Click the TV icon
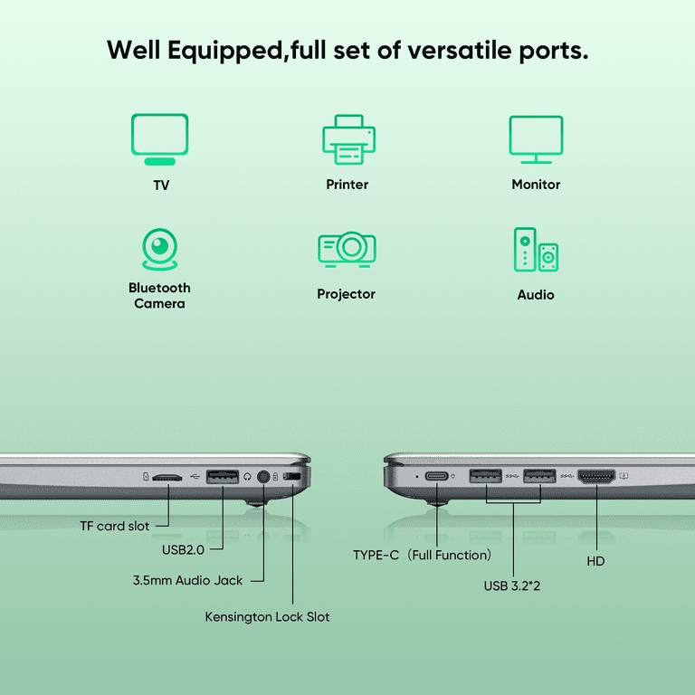[159, 139]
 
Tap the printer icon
[348, 139]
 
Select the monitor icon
[536, 139]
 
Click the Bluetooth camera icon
[159, 249]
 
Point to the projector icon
[347, 249]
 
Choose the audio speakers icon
[536, 249]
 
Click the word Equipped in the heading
[225, 51]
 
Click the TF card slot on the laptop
[167, 478]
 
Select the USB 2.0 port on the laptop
[223, 477]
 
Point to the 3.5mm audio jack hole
[263, 477]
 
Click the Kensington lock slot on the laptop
[292, 477]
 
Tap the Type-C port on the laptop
[436, 477]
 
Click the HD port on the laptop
[596, 477]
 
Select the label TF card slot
[114, 526]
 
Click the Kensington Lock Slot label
[267, 617]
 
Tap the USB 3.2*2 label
[512, 586]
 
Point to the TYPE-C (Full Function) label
[423, 555]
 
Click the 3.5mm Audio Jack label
[187, 580]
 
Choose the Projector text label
[347, 294]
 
